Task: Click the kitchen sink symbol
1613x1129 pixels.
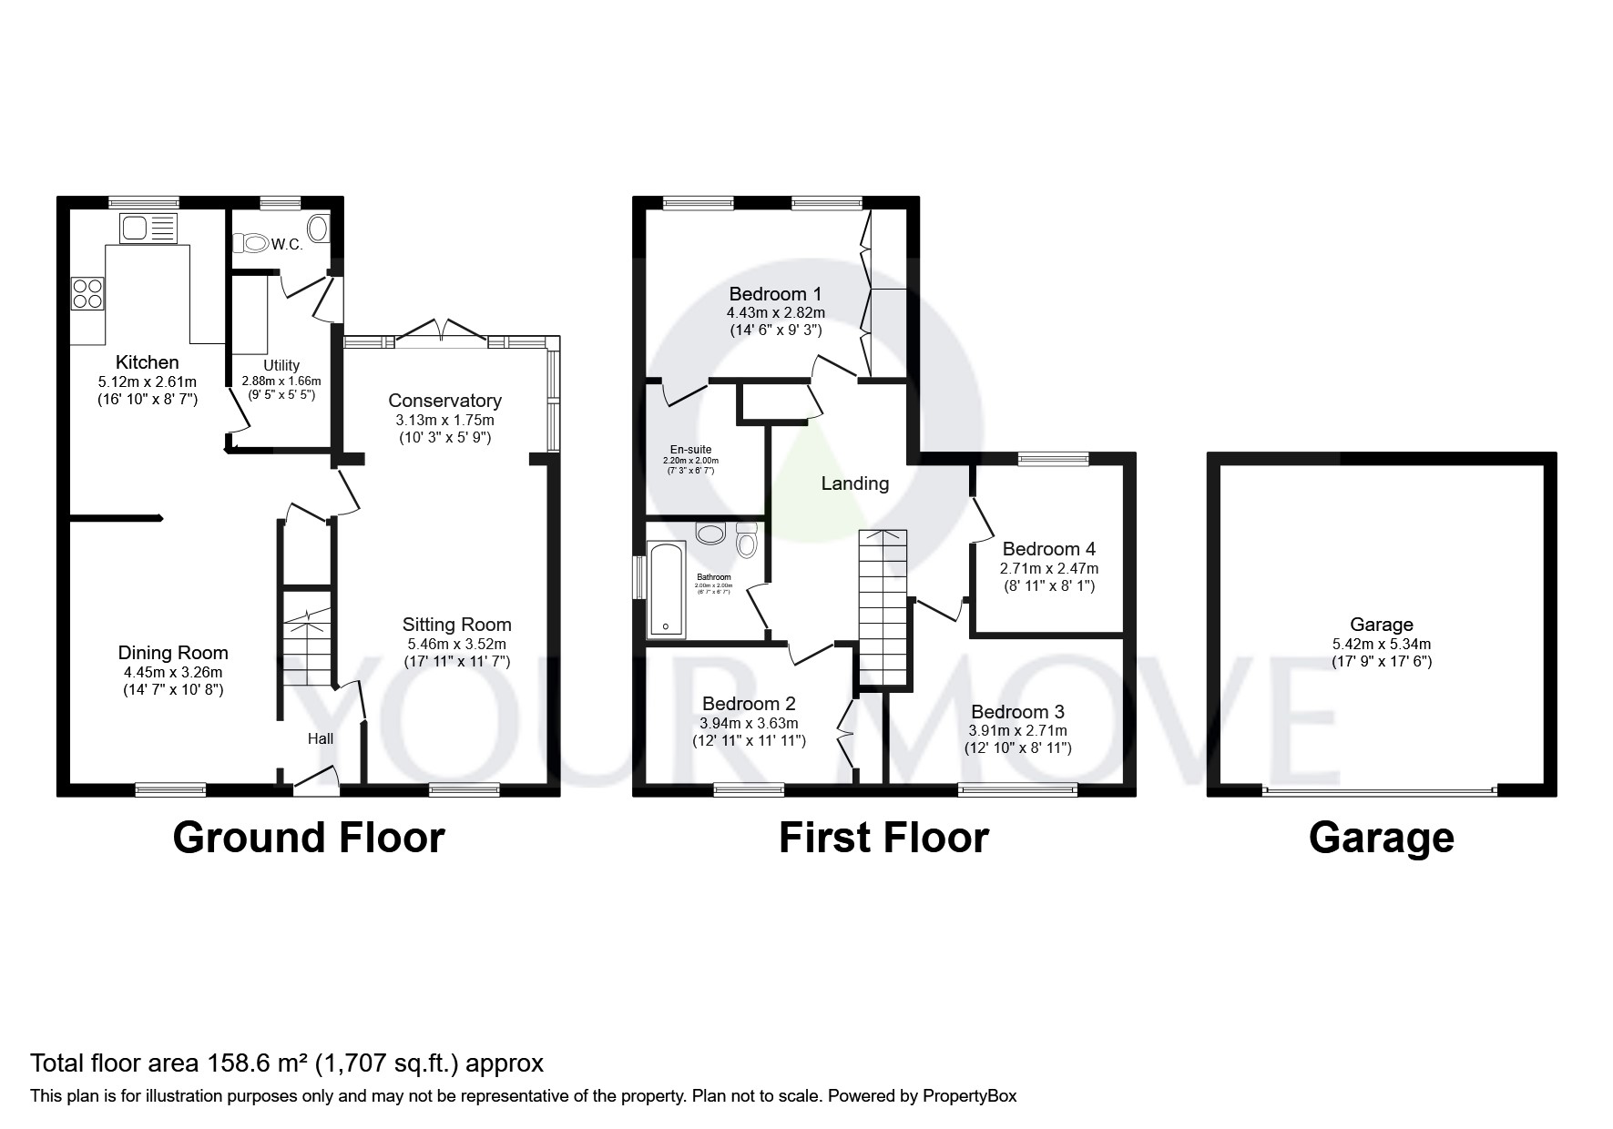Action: tap(147, 228)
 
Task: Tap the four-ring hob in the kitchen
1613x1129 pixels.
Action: tap(87, 293)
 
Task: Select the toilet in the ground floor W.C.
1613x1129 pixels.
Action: tap(251, 242)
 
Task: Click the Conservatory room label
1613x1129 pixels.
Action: tap(444, 401)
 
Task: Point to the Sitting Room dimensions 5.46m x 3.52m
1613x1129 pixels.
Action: tap(456, 644)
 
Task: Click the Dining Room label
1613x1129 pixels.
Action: tap(173, 653)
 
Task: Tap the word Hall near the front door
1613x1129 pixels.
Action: tap(320, 738)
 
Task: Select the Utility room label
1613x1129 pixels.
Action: tap(281, 365)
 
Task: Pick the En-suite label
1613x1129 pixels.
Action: tap(690, 449)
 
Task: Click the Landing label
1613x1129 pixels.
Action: tap(854, 483)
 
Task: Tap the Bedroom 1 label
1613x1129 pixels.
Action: tap(775, 294)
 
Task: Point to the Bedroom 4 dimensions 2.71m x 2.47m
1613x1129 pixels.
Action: tap(1048, 568)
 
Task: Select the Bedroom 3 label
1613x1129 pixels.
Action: tap(1017, 712)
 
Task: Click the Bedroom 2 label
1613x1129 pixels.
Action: tap(749, 704)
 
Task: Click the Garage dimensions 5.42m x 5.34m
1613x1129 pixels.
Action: tap(1381, 644)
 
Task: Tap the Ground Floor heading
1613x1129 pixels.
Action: tap(308, 838)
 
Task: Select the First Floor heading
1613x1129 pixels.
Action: tap(883, 838)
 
